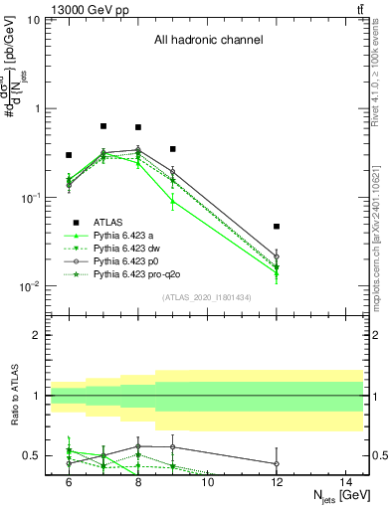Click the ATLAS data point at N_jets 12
click(x=277, y=227)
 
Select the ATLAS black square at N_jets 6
click(x=69, y=155)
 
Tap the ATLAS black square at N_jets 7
click(x=103, y=126)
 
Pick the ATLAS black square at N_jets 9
click(x=172, y=149)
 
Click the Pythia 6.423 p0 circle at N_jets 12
click(x=277, y=256)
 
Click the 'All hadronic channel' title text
click(x=208, y=41)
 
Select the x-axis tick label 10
click(x=207, y=481)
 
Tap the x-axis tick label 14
click(x=345, y=481)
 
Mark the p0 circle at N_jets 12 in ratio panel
click(x=277, y=463)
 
